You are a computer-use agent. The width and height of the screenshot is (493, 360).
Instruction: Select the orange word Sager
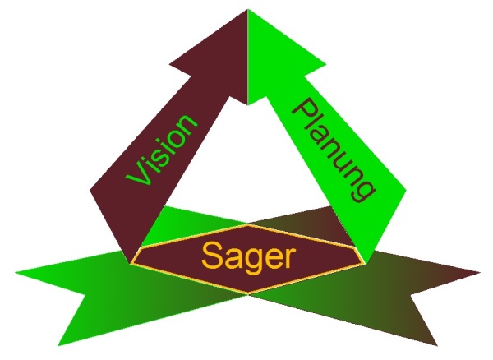point(246,257)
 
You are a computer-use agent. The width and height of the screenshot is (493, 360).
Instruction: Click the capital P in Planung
point(305,111)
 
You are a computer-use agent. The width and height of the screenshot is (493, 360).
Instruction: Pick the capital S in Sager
point(211,256)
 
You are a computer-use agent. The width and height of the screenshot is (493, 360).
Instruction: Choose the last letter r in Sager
point(285,259)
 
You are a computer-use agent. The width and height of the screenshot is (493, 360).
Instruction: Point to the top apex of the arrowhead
point(247,12)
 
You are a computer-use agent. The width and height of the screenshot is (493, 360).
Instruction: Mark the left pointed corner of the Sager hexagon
point(131,263)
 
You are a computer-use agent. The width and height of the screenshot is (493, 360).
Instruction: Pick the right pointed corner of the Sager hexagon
point(363,263)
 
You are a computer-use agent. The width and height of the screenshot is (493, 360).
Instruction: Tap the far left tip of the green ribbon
point(16,270)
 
